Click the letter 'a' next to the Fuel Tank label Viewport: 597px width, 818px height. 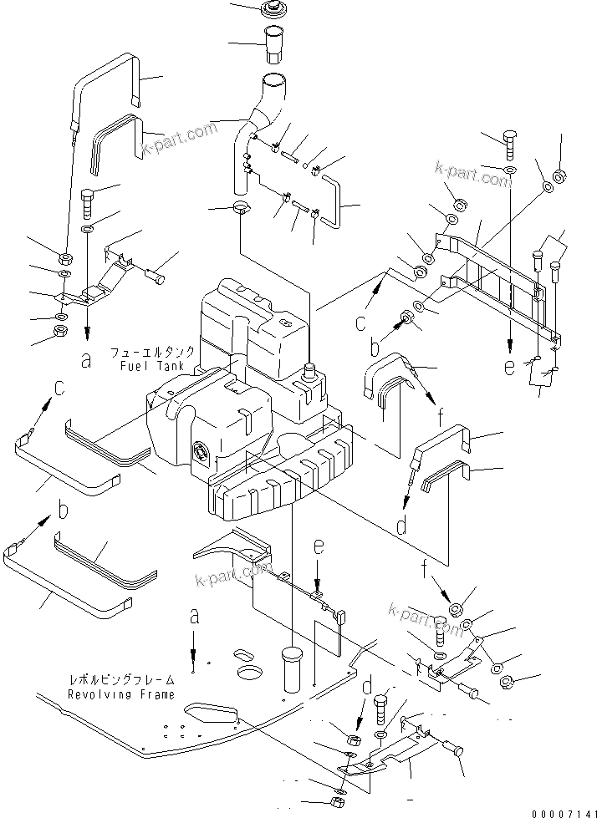coord(85,361)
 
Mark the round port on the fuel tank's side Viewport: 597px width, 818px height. coord(202,452)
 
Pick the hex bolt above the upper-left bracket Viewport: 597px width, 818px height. coord(88,202)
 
